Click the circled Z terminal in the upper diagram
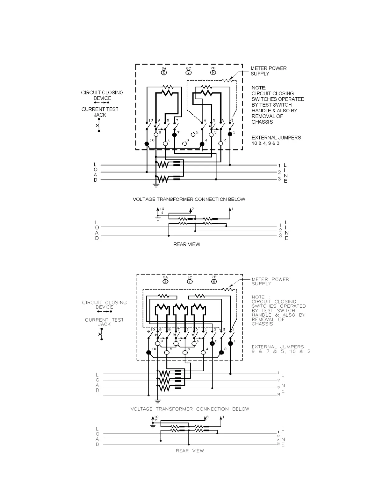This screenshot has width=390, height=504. tap(164, 73)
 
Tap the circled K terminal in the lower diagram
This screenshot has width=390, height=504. tap(214, 281)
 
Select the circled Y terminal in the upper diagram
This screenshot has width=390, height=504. tap(189, 73)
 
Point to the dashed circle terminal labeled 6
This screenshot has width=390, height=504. tap(184, 143)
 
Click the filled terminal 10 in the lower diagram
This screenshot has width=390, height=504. tap(148, 353)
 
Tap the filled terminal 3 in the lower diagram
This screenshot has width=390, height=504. tap(213, 344)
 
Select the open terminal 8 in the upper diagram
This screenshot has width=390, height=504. tap(165, 144)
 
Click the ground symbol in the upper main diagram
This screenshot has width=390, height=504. tap(156, 185)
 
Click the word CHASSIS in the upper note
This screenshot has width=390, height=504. tap(262, 122)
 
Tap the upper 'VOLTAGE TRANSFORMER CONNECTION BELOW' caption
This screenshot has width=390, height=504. tap(189, 199)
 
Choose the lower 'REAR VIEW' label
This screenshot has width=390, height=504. tap(190, 451)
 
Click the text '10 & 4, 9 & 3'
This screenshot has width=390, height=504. tap(265, 143)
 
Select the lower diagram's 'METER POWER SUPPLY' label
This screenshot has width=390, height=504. tap(270, 281)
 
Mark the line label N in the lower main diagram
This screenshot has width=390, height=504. tap(278, 395)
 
